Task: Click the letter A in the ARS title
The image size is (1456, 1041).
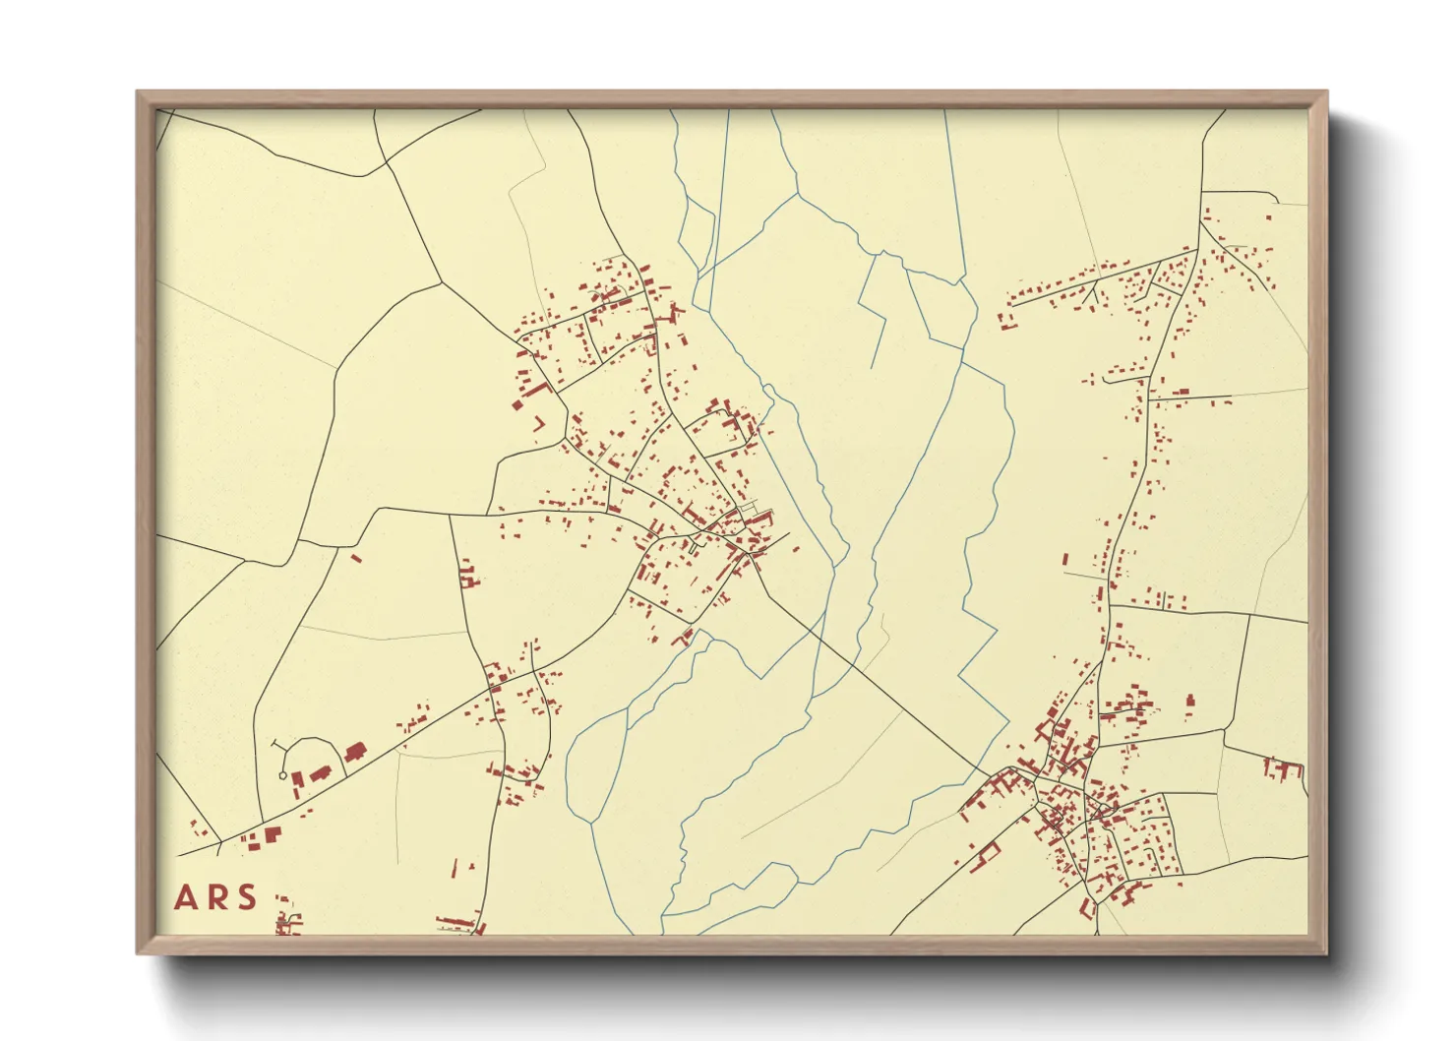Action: (184, 898)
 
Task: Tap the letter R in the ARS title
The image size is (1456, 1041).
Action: (217, 898)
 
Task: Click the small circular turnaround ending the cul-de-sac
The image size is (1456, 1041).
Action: (283, 775)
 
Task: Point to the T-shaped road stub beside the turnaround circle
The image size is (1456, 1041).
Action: (277, 745)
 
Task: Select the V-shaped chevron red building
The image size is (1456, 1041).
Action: (538, 423)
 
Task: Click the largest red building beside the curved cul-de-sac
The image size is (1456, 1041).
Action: (353, 753)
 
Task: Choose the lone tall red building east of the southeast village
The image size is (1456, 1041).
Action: (1190, 702)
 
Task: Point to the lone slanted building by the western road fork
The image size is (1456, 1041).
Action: (356, 558)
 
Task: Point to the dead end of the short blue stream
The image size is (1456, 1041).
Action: (873, 368)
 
